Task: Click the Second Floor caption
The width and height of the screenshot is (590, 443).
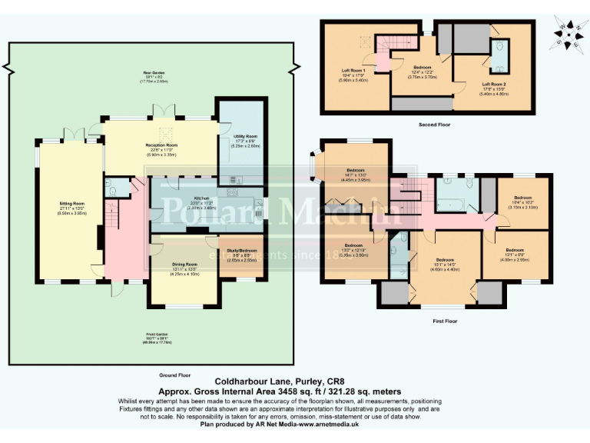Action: pos(435,124)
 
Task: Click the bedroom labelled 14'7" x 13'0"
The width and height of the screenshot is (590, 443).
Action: pos(355,173)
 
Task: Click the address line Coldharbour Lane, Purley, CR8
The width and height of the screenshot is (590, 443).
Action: pos(285,381)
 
